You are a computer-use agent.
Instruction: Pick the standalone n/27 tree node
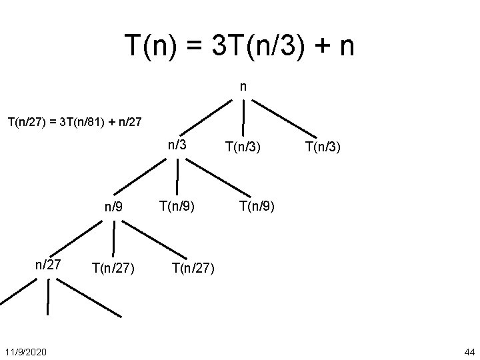click(x=48, y=265)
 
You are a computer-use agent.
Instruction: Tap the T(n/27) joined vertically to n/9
click(x=113, y=269)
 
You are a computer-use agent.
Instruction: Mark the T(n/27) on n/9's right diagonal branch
click(x=193, y=269)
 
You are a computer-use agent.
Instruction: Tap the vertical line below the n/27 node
click(x=48, y=297)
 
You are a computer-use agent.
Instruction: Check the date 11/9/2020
click(x=25, y=351)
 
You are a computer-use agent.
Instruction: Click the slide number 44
click(x=468, y=351)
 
